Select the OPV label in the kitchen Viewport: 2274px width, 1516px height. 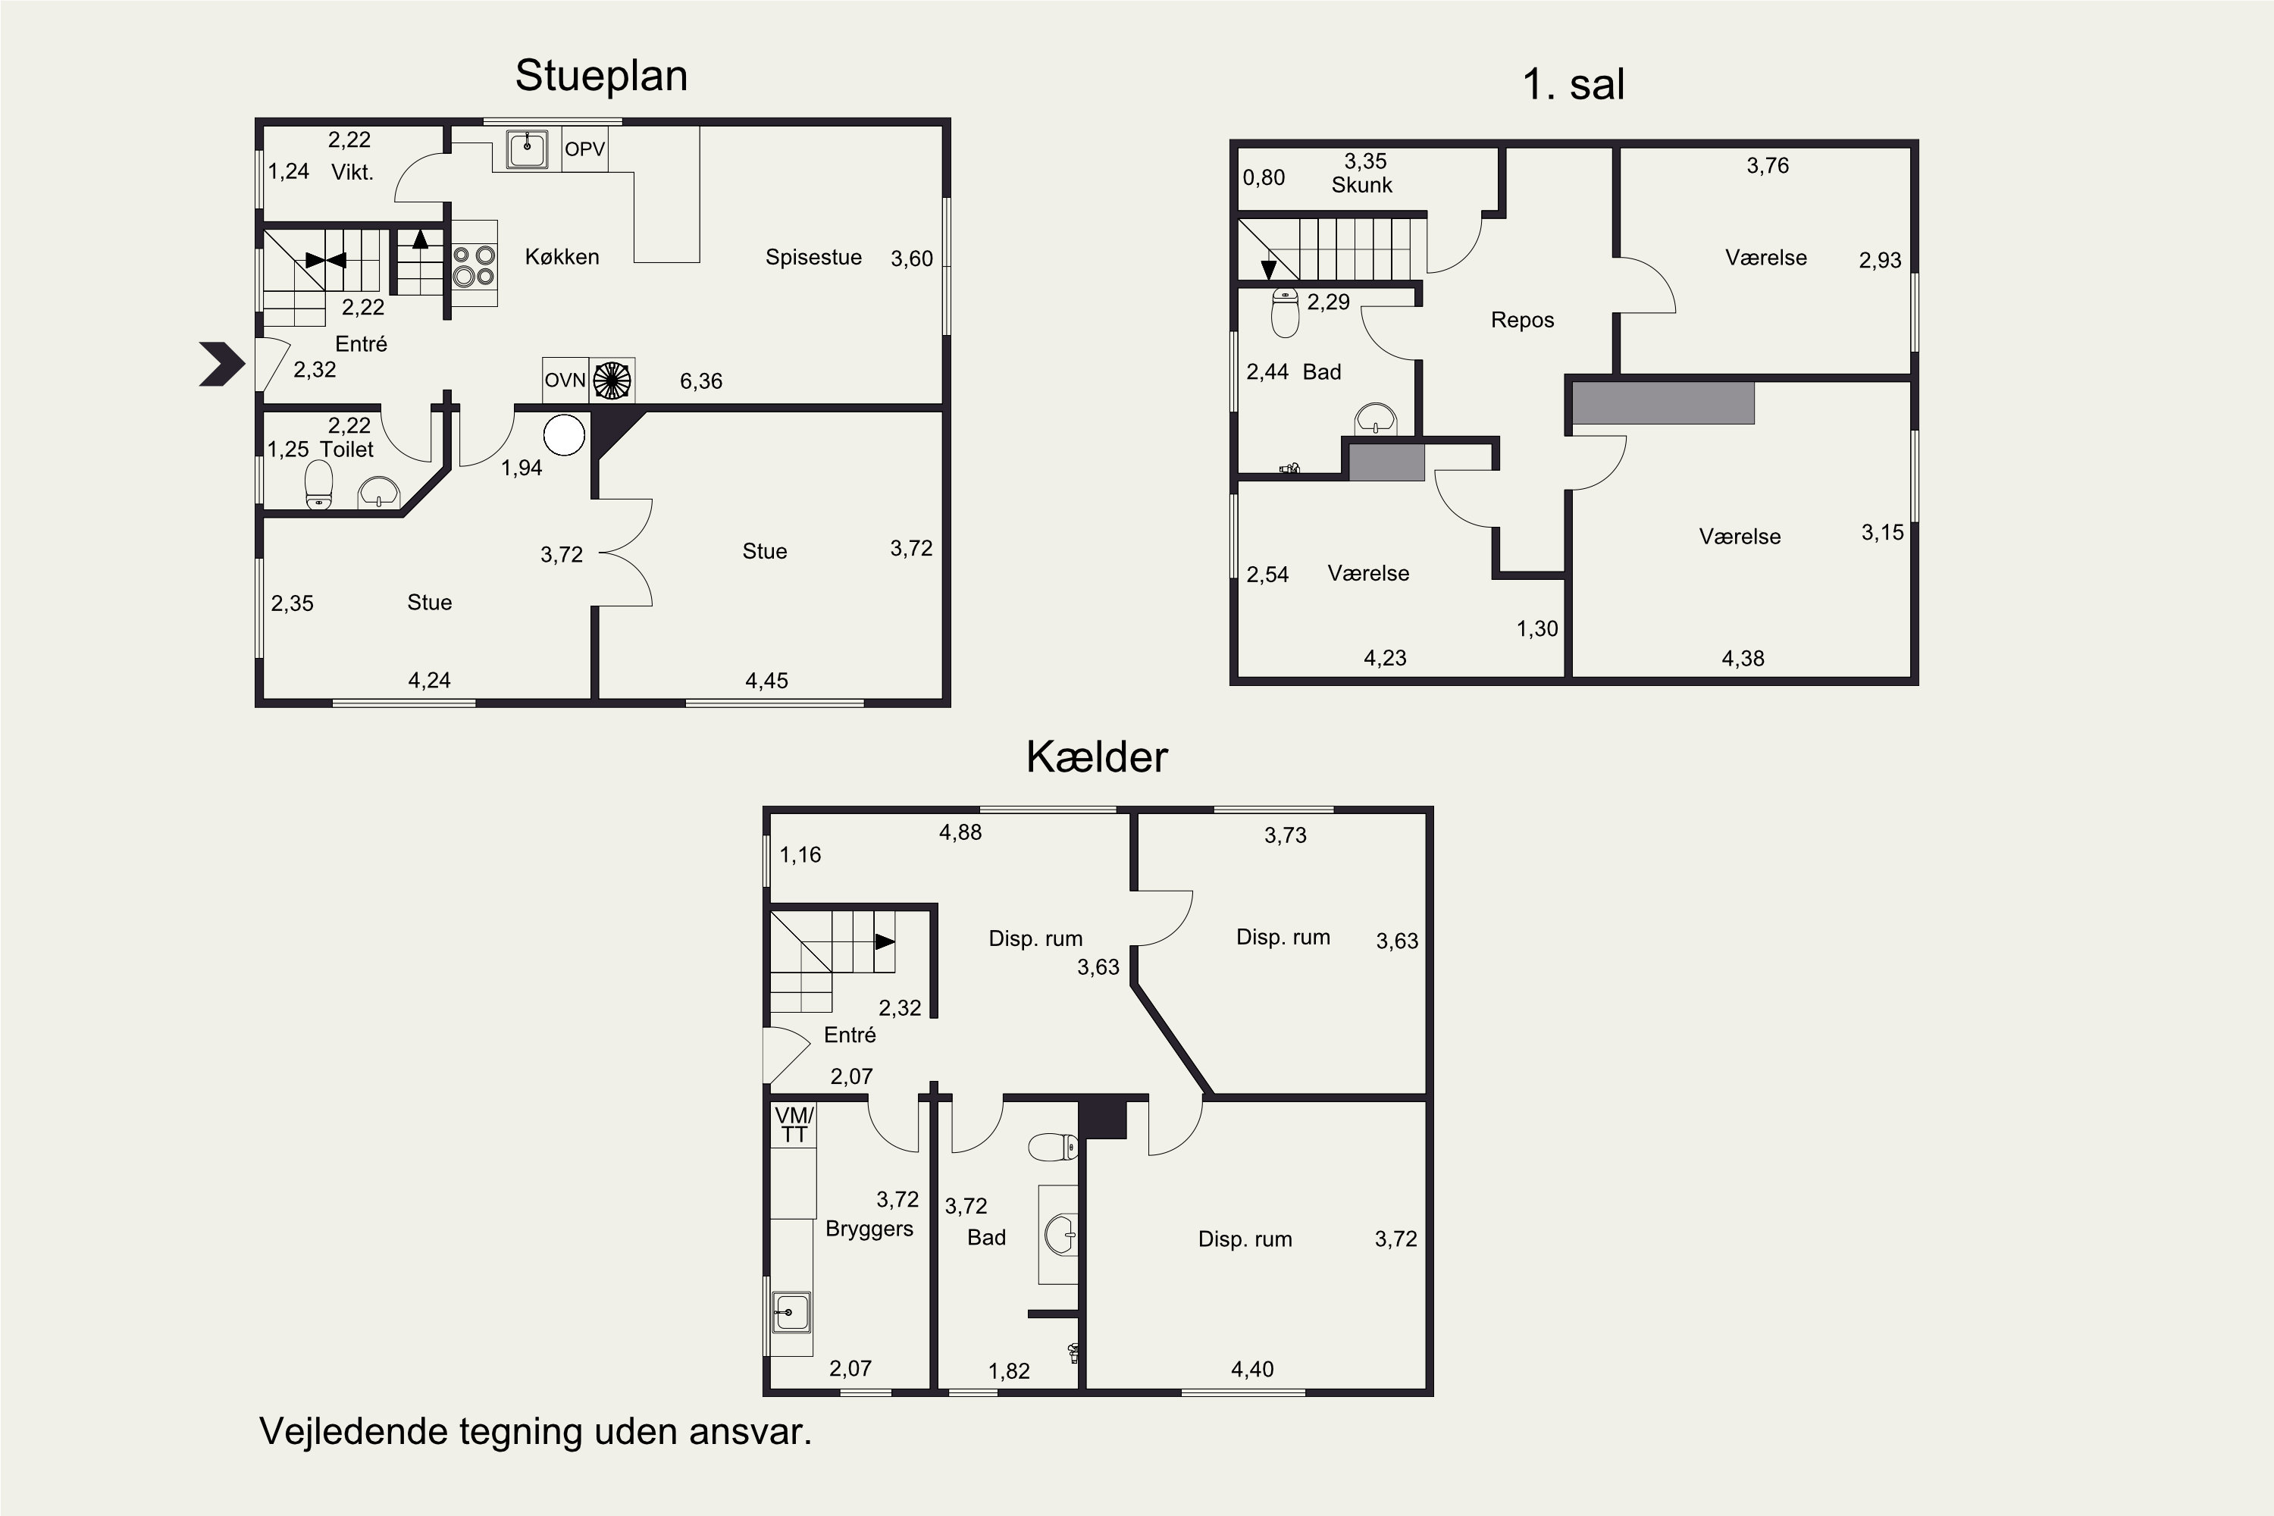585,149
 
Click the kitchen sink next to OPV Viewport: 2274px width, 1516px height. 527,149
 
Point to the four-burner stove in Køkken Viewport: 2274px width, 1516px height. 475,264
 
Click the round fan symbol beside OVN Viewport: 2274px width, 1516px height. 611,380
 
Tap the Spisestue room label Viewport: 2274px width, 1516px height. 813,257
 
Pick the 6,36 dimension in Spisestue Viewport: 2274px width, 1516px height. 701,381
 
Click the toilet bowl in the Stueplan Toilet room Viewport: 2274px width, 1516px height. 319,484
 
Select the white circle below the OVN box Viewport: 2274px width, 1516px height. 565,435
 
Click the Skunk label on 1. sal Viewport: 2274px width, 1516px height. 1362,185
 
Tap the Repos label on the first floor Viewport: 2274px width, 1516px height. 1523,320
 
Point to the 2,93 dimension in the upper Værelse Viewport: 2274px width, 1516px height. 1881,260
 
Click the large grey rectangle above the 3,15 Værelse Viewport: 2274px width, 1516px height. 1663,402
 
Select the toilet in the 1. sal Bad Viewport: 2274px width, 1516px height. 1285,312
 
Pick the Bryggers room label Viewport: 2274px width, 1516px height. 869,1229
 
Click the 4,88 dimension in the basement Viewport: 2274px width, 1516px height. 960,832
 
